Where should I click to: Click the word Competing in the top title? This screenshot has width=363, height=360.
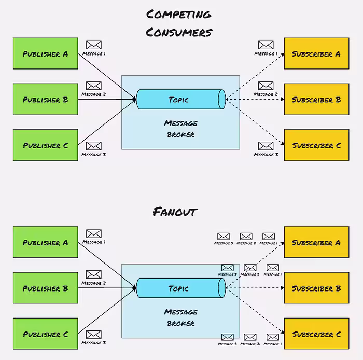(178, 14)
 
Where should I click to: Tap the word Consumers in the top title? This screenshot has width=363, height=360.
(179, 32)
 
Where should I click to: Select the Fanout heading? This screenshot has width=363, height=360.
(175, 212)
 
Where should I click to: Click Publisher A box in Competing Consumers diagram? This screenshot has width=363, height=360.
(46, 53)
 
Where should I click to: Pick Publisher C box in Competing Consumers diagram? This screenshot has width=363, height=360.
(46, 145)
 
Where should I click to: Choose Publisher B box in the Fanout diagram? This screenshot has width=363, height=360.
(46, 288)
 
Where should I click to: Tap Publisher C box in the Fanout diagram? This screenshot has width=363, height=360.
(46, 334)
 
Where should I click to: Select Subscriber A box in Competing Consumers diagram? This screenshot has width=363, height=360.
(316, 53)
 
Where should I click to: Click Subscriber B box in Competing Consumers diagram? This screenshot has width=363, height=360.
(316, 99)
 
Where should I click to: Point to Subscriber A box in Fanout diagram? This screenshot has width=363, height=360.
(316, 242)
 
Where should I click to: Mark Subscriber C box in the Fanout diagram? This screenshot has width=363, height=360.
(316, 334)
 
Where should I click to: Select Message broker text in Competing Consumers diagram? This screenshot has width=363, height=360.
(180, 129)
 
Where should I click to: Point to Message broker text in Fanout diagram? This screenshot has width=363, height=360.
(180, 317)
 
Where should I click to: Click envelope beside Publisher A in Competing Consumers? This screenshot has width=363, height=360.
(93, 45)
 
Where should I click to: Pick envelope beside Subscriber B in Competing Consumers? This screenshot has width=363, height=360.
(266, 86)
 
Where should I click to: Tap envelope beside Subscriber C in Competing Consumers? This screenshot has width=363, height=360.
(266, 146)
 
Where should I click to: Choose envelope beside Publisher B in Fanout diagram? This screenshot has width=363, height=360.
(93, 274)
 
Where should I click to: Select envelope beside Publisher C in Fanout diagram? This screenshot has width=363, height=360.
(93, 335)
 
